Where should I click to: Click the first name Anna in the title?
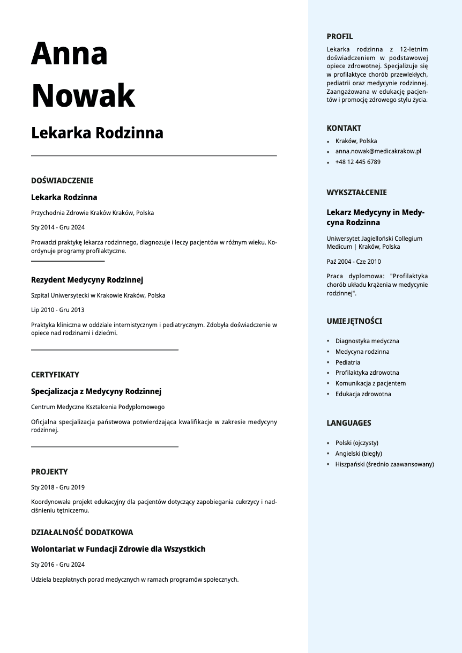click(70, 54)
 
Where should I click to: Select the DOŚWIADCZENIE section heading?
click(62, 181)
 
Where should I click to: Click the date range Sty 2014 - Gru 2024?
click(58, 227)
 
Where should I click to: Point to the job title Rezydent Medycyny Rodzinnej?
click(87, 280)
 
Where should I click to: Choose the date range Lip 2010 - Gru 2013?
click(57, 310)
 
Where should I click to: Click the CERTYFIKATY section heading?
click(55, 375)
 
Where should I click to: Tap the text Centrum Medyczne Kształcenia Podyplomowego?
click(98, 407)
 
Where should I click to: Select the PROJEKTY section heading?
click(49, 472)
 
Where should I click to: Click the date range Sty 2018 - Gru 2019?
click(58, 487)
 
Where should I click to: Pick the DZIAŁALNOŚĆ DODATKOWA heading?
click(82, 532)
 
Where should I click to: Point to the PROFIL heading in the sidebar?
click(340, 36)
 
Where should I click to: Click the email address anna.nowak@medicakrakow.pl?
click(378, 151)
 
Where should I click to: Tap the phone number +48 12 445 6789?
click(357, 162)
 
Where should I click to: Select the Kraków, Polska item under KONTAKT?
click(356, 141)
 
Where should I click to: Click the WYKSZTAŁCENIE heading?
click(356, 192)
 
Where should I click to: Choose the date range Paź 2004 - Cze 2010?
click(354, 262)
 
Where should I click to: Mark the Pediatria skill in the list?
click(347, 362)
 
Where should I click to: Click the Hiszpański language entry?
click(384, 464)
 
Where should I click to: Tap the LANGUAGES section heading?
click(349, 423)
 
